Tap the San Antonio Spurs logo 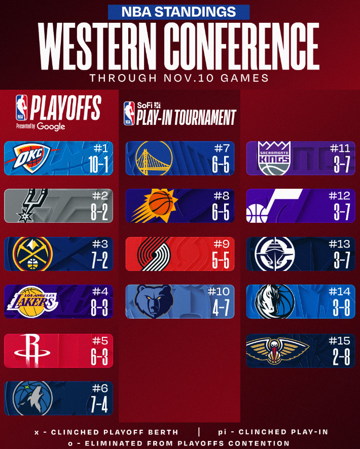[x=31, y=205]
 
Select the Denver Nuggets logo [x=32, y=253]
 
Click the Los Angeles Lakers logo [x=32, y=301]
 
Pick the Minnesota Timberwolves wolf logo [x=32, y=397]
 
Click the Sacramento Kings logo [x=274, y=158]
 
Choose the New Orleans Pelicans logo [x=277, y=350]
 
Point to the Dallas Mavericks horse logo [x=274, y=301]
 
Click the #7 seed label [x=222, y=148]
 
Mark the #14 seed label [x=339, y=292]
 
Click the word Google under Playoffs [x=51, y=126]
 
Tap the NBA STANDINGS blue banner [x=179, y=11]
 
